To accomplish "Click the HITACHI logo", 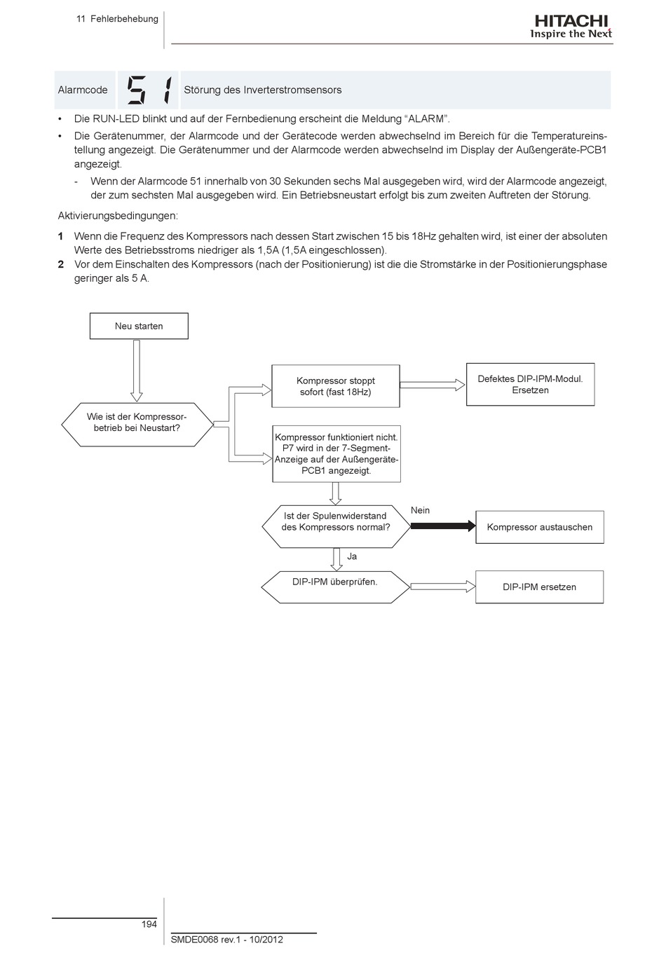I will click(x=571, y=27).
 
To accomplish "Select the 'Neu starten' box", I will click(x=139, y=326).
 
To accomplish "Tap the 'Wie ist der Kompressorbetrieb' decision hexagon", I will click(x=137, y=423).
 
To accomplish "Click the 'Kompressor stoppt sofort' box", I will click(x=335, y=386).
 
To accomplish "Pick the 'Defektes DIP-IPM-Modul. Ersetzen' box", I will click(x=530, y=384).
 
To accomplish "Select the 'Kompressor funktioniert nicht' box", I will click(x=337, y=454).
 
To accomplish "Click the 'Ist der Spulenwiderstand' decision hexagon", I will click(x=335, y=521).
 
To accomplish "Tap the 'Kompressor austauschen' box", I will click(x=539, y=527).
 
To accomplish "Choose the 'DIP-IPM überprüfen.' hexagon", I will click(x=335, y=582).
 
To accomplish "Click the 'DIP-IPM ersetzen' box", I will click(x=539, y=587).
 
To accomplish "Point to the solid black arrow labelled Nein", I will click(x=443, y=526).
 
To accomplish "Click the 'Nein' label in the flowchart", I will click(x=420, y=510).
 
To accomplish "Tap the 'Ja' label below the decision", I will click(x=352, y=556).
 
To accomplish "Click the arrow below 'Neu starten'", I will click(x=137, y=370).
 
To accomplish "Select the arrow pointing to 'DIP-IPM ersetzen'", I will click(x=442, y=587).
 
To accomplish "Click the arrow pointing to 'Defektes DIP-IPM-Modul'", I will click(x=433, y=384).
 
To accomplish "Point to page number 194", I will click(x=149, y=924).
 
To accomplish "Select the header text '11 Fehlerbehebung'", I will click(x=117, y=19).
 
